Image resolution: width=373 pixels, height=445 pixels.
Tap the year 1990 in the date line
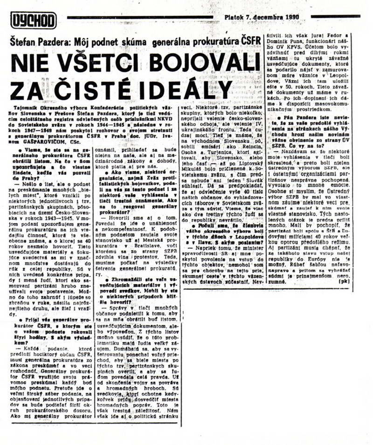(290, 18)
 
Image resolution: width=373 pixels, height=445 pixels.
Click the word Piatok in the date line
(235, 18)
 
